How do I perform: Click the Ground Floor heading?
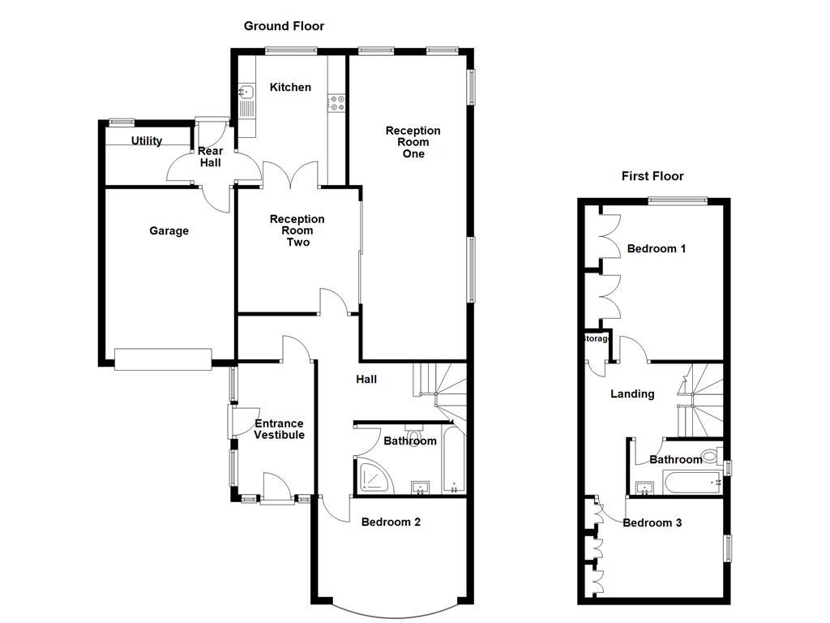284,26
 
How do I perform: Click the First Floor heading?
652,176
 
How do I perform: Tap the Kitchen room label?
290,87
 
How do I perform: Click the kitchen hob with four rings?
336,102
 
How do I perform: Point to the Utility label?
147,140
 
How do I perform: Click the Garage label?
169,230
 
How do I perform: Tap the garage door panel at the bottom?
162,359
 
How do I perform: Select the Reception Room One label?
413,142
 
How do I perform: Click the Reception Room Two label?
297,230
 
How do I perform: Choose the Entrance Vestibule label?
279,429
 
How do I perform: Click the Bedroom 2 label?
391,522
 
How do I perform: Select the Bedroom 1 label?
657,248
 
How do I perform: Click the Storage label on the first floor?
595,338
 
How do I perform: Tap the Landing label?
632,393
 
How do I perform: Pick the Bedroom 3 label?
652,522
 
